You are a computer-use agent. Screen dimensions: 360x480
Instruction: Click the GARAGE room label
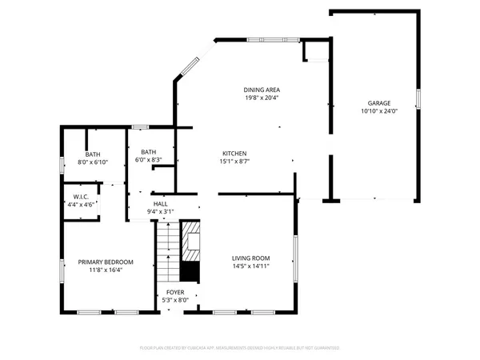378,104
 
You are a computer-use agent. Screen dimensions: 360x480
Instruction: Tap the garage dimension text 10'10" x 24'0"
378,112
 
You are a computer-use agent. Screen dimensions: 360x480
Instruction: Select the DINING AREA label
262,90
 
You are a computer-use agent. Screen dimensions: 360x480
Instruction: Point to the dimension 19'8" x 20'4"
262,98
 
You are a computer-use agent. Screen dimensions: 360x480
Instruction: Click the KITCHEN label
234,154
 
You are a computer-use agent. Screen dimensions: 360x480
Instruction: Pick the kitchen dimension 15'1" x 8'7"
234,162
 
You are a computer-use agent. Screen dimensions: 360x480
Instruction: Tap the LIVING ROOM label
250,258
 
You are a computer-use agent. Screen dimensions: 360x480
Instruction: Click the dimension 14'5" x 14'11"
250,266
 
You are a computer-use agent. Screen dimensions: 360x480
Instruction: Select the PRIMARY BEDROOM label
105,262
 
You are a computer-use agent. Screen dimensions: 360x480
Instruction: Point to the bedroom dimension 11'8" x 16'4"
105,270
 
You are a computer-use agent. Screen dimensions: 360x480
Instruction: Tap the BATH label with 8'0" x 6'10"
93,154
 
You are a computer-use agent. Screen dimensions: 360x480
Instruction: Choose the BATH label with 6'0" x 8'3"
148,152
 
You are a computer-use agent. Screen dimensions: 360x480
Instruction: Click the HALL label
160,204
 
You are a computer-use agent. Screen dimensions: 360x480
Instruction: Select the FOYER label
174,293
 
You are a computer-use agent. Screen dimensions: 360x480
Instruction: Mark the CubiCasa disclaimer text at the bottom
240,348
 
